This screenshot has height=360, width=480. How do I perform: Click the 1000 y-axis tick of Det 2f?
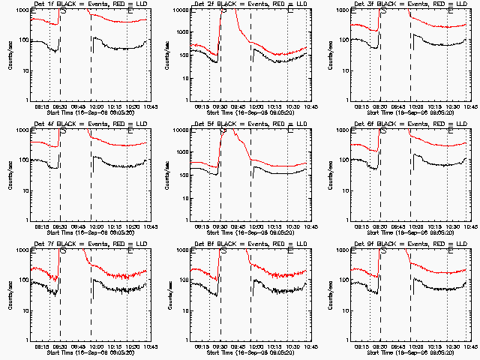[x=181, y=10]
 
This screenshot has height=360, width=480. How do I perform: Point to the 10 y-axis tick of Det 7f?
[x=22, y=310]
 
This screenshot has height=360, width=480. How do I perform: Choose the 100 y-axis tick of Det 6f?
[x=342, y=160]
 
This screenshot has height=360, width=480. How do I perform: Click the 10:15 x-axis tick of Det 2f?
[x=274, y=106]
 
